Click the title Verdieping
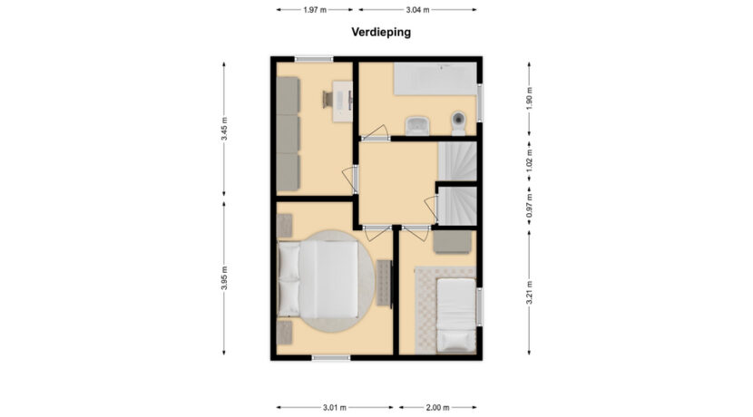381,32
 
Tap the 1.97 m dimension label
315,10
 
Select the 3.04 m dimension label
417,10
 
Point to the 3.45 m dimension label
224,129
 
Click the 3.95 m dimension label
224,277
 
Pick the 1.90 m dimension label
529,99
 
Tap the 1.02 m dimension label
529,160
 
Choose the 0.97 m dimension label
529,206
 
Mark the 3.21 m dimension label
529,292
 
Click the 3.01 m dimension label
334,407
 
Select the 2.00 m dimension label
437,407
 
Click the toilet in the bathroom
459,123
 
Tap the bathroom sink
417,126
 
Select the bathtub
435,79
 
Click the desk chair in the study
328,100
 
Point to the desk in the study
343,101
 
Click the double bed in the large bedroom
318,279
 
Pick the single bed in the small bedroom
455,315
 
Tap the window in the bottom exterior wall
331,357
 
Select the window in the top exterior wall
314,59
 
